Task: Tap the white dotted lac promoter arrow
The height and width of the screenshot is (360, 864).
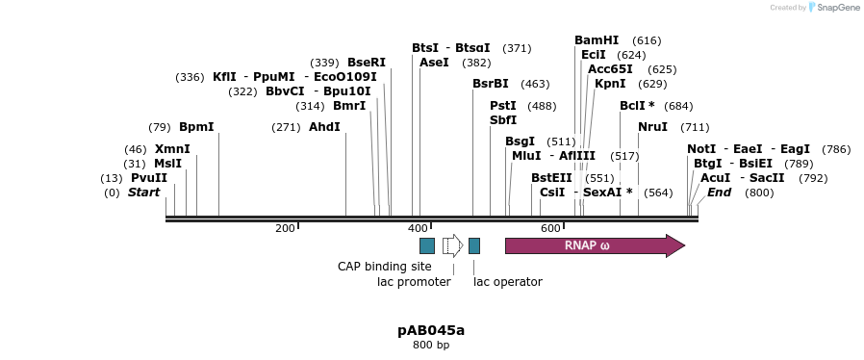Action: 452,245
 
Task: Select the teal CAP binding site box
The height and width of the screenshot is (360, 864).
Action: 427,245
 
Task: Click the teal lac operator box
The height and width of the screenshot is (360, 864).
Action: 474,245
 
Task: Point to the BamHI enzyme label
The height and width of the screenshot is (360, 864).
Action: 597,40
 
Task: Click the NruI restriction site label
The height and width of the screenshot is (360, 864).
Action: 652,127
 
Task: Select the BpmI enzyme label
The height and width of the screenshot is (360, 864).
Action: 196,127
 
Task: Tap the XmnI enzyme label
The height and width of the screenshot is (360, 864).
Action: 172,149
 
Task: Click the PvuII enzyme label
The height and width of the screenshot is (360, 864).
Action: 149,178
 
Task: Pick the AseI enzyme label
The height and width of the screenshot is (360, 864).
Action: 434,63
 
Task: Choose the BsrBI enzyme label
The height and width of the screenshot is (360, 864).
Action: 491,84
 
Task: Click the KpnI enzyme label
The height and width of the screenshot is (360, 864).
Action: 610,84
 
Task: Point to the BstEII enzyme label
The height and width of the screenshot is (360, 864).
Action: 551,178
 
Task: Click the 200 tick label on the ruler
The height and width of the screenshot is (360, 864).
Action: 285,228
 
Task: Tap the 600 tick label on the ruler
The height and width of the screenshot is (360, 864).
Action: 550,228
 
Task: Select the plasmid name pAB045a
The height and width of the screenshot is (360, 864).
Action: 431,330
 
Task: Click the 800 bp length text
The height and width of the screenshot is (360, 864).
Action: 431,345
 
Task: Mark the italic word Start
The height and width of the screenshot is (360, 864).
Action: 143,193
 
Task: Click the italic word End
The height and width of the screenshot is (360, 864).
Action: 719,193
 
